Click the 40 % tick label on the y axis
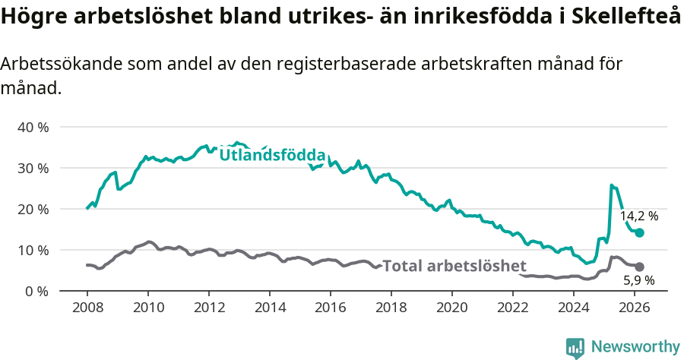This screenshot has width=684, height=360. point(33,127)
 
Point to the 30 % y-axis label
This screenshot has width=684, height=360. point(33,168)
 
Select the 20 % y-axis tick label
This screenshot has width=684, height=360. point(33,209)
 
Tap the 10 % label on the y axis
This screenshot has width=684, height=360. point(33,250)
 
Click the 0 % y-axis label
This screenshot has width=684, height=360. point(36,291)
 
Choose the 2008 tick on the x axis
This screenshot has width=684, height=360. point(87,308)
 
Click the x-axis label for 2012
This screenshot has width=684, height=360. point(209,308)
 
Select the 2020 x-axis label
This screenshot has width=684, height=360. point(452,308)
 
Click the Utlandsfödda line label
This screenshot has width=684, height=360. point(272,155)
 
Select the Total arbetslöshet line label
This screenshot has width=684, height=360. point(454,266)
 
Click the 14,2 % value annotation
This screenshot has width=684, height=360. point(639,216)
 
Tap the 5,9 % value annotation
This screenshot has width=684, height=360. point(639,280)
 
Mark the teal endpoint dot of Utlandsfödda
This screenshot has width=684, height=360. point(639,232)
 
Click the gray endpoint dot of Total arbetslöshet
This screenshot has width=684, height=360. point(639,267)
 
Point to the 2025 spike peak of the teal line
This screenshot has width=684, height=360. point(612,185)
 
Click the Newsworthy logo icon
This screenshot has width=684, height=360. point(575,347)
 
